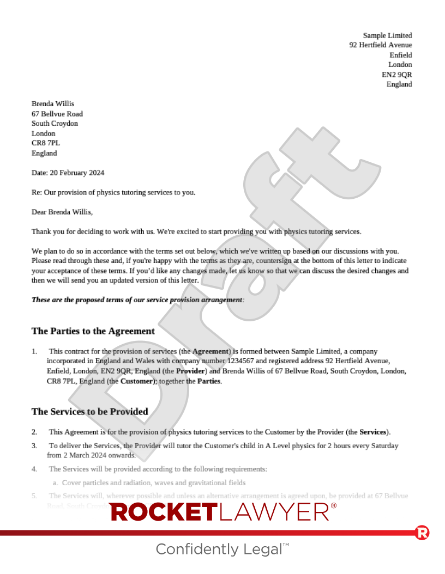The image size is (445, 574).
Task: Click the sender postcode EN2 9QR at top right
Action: click(396, 75)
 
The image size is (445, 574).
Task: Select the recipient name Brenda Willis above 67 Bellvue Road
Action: click(53, 104)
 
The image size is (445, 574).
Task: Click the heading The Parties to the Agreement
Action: click(93, 331)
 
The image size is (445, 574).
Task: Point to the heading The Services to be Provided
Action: click(89, 412)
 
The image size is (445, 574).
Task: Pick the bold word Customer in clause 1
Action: click(137, 381)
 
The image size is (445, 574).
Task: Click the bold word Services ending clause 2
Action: click(373, 432)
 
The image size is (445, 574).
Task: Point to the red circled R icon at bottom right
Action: click(422, 533)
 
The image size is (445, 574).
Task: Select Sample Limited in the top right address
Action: click(387, 35)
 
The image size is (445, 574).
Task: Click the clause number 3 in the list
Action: click(34, 445)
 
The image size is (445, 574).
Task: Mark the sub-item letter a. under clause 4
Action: click(56, 483)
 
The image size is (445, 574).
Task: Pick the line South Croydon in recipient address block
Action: click(55, 124)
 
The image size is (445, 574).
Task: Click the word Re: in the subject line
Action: click(37, 192)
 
